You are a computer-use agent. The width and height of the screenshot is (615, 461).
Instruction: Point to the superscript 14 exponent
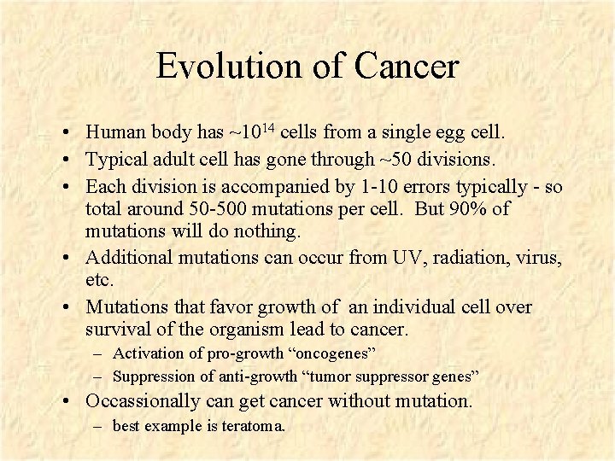(x=266, y=128)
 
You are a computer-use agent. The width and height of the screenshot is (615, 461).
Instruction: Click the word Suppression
(x=152, y=376)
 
